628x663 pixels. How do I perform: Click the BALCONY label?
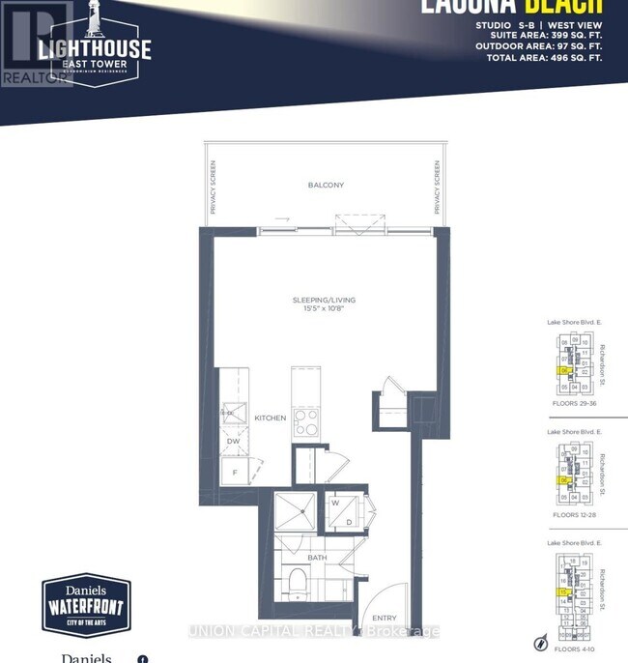[326, 186]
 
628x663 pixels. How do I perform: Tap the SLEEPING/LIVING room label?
[327, 301]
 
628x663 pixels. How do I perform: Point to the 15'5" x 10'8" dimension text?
[327, 311]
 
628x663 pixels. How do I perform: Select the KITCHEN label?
[271, 418]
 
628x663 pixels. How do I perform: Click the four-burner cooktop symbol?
[307, 421]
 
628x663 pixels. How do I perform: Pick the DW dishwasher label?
[233, 441]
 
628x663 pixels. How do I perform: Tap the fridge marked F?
[233, 472]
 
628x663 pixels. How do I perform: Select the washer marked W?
[333, 503]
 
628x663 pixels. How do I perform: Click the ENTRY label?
[385, 619]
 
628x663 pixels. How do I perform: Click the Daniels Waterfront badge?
[86, 605]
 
